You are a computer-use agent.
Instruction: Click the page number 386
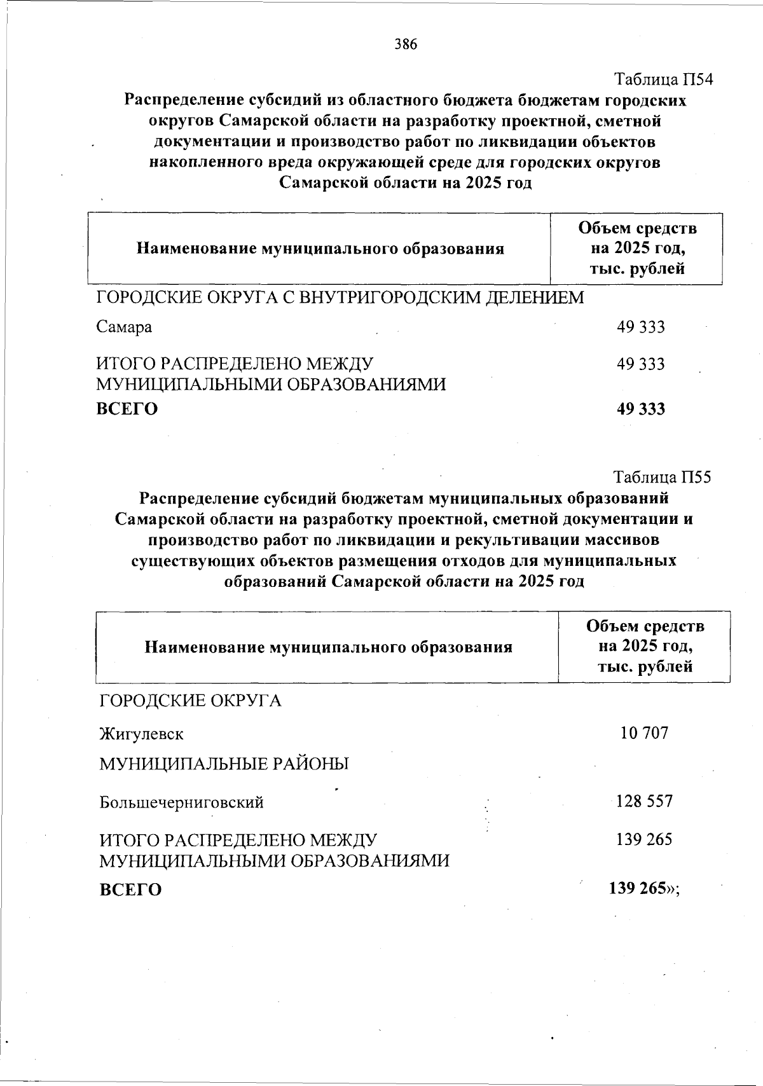tap(406, 44)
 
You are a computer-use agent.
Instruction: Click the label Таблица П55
tap(662, 477)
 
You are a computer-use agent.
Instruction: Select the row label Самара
tap(124, 327)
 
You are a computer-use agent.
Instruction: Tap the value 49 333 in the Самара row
tap(640, 327)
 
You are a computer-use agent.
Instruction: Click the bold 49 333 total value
tap(640, 409)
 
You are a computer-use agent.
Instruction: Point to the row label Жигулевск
tap(141, 734)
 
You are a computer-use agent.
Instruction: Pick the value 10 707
tap(644, 733)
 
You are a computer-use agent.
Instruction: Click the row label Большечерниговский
tap(181, 802)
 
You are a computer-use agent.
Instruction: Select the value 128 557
tap(644, 801)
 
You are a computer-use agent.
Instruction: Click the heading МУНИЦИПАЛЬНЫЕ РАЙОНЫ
tap(224, 764)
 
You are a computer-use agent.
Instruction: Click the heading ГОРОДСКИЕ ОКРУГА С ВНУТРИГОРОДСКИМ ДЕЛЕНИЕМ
tap(340, 297)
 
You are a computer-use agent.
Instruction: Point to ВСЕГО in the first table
tap(127, 409)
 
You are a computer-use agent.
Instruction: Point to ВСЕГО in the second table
tap(130, 890)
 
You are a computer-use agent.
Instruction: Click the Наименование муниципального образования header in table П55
tap(328, 647)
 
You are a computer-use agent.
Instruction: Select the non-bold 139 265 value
tap(643, 840)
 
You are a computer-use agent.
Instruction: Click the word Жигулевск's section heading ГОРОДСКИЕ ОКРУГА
tap(190, 701)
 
